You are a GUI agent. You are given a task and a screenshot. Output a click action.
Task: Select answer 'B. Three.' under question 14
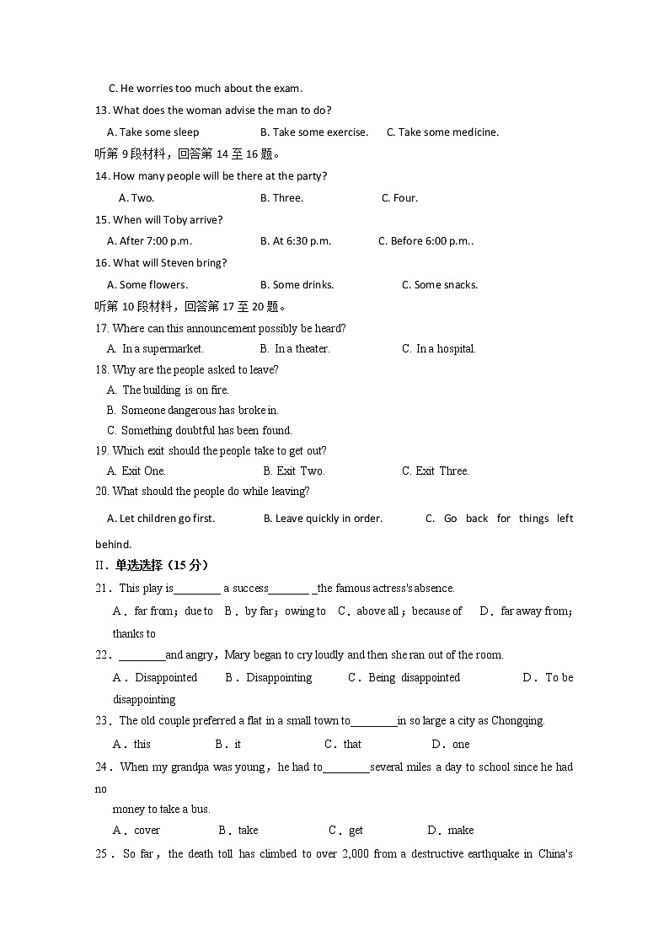281,198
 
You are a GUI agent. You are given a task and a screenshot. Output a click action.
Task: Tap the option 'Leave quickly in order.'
323,519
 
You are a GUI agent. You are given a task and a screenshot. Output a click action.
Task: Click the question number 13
102,110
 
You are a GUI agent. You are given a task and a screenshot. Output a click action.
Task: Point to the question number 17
102,329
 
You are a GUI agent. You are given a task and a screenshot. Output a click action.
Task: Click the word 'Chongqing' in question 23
516,721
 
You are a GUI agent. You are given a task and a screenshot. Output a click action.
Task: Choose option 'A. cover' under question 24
136,831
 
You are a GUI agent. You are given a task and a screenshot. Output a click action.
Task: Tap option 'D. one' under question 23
451,745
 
